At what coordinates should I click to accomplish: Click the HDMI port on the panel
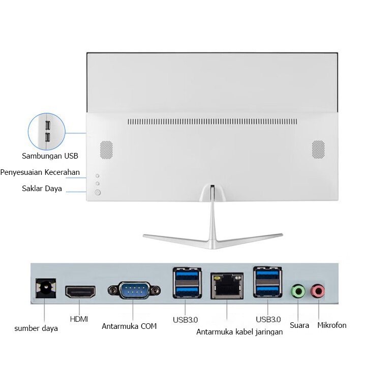(x=80, y=292)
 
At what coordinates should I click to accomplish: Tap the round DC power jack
(x=46, y=288)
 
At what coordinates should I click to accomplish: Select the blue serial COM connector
(x=134, y=290)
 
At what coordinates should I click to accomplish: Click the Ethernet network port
(x=227, y=286)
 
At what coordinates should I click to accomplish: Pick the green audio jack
(x=298, y=291)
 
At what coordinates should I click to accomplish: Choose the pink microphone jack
(x=318, y=291)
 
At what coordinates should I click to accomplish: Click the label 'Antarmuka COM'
(x=129, y=326)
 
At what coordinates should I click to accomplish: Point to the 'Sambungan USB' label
(x=50, y=156)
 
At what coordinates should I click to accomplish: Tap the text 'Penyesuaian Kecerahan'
(x=40, y=172)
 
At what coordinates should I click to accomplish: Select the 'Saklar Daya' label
(x=42, y=189)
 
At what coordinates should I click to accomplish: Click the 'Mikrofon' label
(x=331, y=325)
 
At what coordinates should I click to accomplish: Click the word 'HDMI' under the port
(x=79, y=319)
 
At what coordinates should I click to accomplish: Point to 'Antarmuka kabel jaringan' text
(x=239, y=332)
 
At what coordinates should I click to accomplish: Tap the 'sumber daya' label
(x=36, y=328)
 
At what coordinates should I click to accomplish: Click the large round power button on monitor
(x=98, y=192)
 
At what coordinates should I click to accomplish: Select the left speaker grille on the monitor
(x=106, y=149)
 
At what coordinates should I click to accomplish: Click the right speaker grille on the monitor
(x=318, y=149)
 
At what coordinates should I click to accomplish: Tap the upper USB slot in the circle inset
(x=48, y=126)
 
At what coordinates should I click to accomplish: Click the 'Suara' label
(x=299, y=325)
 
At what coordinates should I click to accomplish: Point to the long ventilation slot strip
(x=212, y=121)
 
